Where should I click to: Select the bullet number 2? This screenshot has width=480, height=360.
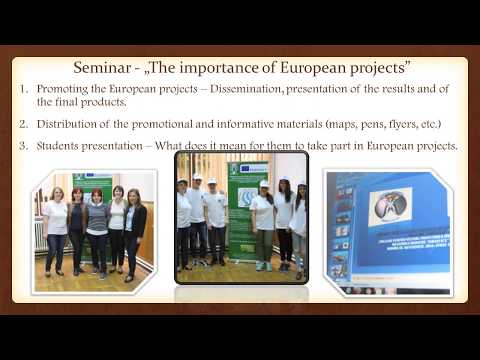[25, 124]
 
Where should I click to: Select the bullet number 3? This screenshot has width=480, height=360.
[25, 147]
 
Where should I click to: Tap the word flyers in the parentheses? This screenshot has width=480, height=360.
[393, 124]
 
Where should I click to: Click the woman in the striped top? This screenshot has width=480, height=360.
[98, 232]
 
